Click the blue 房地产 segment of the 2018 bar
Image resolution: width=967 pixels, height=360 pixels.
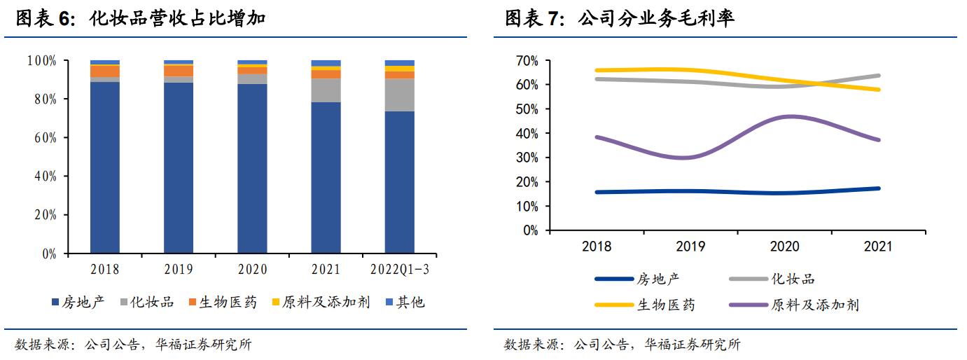pyautogui.click(x=105, y=167)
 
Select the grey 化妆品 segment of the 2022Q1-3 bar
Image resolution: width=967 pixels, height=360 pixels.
pyautogui.click(x=400, y=95)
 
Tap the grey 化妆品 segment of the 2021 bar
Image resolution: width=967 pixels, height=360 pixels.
pyautogui.click(x=326, y=90)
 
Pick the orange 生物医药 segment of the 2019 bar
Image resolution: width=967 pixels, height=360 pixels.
pyautogui.click(x=179, y=71)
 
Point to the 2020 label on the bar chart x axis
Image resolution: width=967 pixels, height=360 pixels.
pyautogui.click(x=252, y=270)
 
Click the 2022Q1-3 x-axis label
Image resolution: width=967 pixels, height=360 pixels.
pyautogui.click(x=399, y=270)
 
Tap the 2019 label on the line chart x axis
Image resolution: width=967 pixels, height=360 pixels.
pyautogui.click(x=690, y=247)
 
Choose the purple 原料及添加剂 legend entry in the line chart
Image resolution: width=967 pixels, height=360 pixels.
pyautogui.click(x=794, y=305)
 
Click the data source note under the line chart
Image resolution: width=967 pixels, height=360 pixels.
pyautogui.click(x=622, y=345)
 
